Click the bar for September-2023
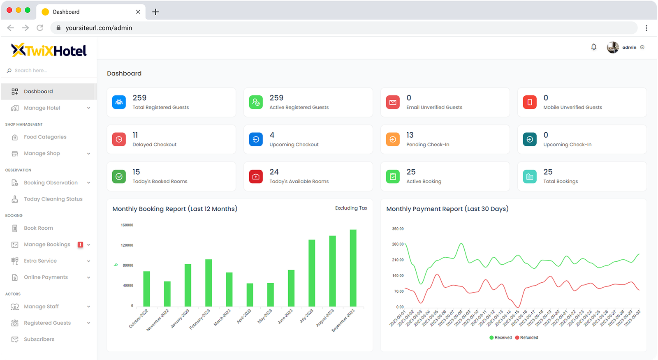tap(353, 268)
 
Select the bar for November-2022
tap(167, 294)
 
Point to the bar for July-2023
tap(312, 273)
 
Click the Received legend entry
tap(500, 337)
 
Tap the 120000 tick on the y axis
tap(127, 245)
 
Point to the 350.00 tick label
tap(398, 229)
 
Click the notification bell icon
tap(593, 47)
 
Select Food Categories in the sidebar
tap(45, 137)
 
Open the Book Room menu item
tap(38, 228)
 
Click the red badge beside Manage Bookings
tap(80, 245)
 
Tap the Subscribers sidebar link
tap(39, 339)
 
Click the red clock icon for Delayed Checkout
tap(119, 139)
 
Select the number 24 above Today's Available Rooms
tap(274, 172)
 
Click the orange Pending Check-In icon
tap(393, 139)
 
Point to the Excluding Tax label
tap(351, 208)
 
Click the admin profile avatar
tap(613, 47)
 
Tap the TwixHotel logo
tap(49, 50)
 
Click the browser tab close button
tap(138, 12)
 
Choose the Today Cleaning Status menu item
tap(53, 199)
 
